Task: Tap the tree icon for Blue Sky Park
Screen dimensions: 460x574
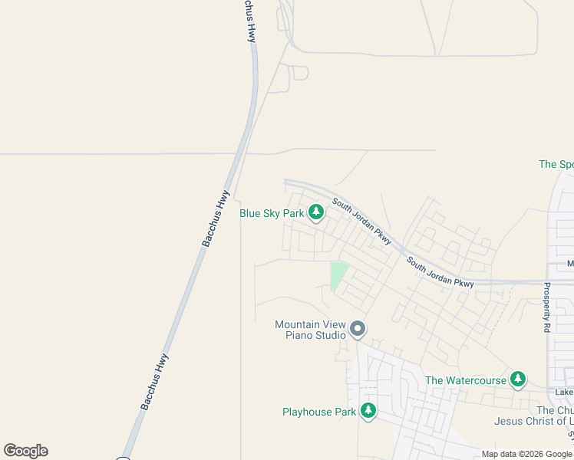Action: (315, 212)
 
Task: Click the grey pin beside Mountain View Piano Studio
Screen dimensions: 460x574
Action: (357, 330)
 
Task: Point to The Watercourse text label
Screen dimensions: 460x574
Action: (466, 380)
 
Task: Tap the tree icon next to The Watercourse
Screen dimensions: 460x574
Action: (518, 379)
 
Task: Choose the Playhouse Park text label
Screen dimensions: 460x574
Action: (318, 412)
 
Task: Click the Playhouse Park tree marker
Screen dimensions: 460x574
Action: (368, 411)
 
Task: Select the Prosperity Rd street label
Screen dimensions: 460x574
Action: (547, 307)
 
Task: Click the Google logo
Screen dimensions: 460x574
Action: (25, 451)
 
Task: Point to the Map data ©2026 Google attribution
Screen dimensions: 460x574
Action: (526, 454)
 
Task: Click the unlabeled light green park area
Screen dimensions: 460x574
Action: (337, 275)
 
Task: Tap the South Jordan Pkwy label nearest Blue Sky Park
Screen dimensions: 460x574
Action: (361, 222)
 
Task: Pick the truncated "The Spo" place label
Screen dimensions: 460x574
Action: (556, 164)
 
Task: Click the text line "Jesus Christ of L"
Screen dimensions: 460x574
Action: (533, 421)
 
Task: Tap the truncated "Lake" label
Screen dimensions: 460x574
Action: (564, 393)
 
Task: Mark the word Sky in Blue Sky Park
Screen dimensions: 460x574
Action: (272, 214)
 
